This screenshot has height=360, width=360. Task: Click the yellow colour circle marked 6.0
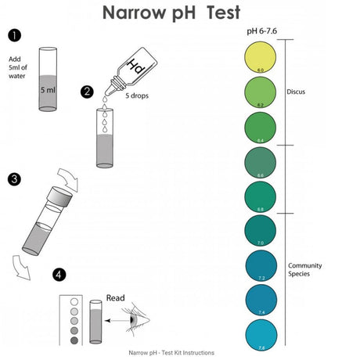261,57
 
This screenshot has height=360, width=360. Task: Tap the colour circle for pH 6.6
261,163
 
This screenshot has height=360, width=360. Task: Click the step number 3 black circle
14,179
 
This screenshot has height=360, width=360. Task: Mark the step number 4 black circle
59,275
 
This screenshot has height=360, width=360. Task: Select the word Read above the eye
116,297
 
